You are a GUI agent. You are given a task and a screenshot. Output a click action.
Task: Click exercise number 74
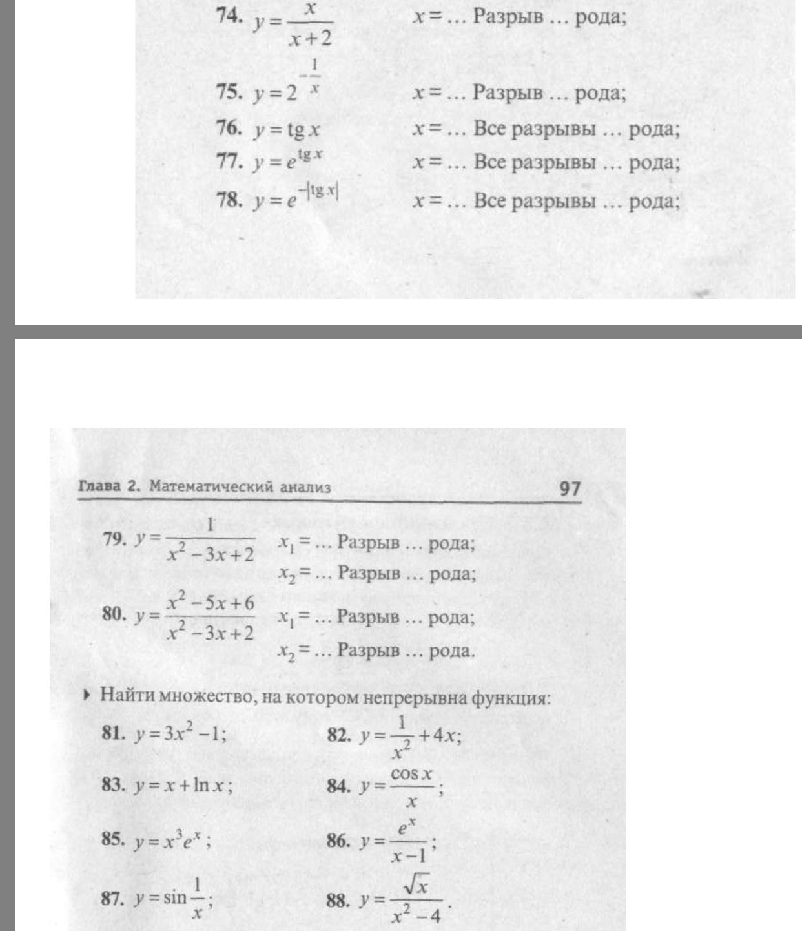pyautogui.click(x=229, y=16)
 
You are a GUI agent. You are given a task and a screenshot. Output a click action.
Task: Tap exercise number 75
pyautogui.click(x=229, y=92)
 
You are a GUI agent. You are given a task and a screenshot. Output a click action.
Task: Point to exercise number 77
pyautogui.click(x=229, y=161)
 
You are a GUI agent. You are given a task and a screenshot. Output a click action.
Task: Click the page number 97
pyautogui.click(x=570, y=488)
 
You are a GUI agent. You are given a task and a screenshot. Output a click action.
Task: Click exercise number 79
pyautogui.click(x=114, y=538)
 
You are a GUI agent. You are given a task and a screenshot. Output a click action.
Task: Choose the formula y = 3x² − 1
pyautogui.click(x=180, y=735)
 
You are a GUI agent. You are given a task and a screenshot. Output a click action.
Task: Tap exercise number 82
pyautogui.click(x=339, y=735)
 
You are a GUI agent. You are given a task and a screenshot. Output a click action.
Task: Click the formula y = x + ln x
pyautogui.click(x=183, y=786)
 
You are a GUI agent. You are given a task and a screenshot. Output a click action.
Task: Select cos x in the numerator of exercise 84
pyautogui.click(x=411, y=775)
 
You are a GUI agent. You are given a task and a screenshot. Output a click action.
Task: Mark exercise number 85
pyautogui.click(x=113, y=839)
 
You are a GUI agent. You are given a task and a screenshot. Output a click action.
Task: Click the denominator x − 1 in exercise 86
pyautogui.click(x=409, y=856)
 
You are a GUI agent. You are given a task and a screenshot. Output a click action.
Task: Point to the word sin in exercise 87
pyautogui.click(x=174, y=897)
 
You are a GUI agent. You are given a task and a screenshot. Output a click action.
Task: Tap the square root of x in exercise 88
pyautogui.click(x=415, y=886)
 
